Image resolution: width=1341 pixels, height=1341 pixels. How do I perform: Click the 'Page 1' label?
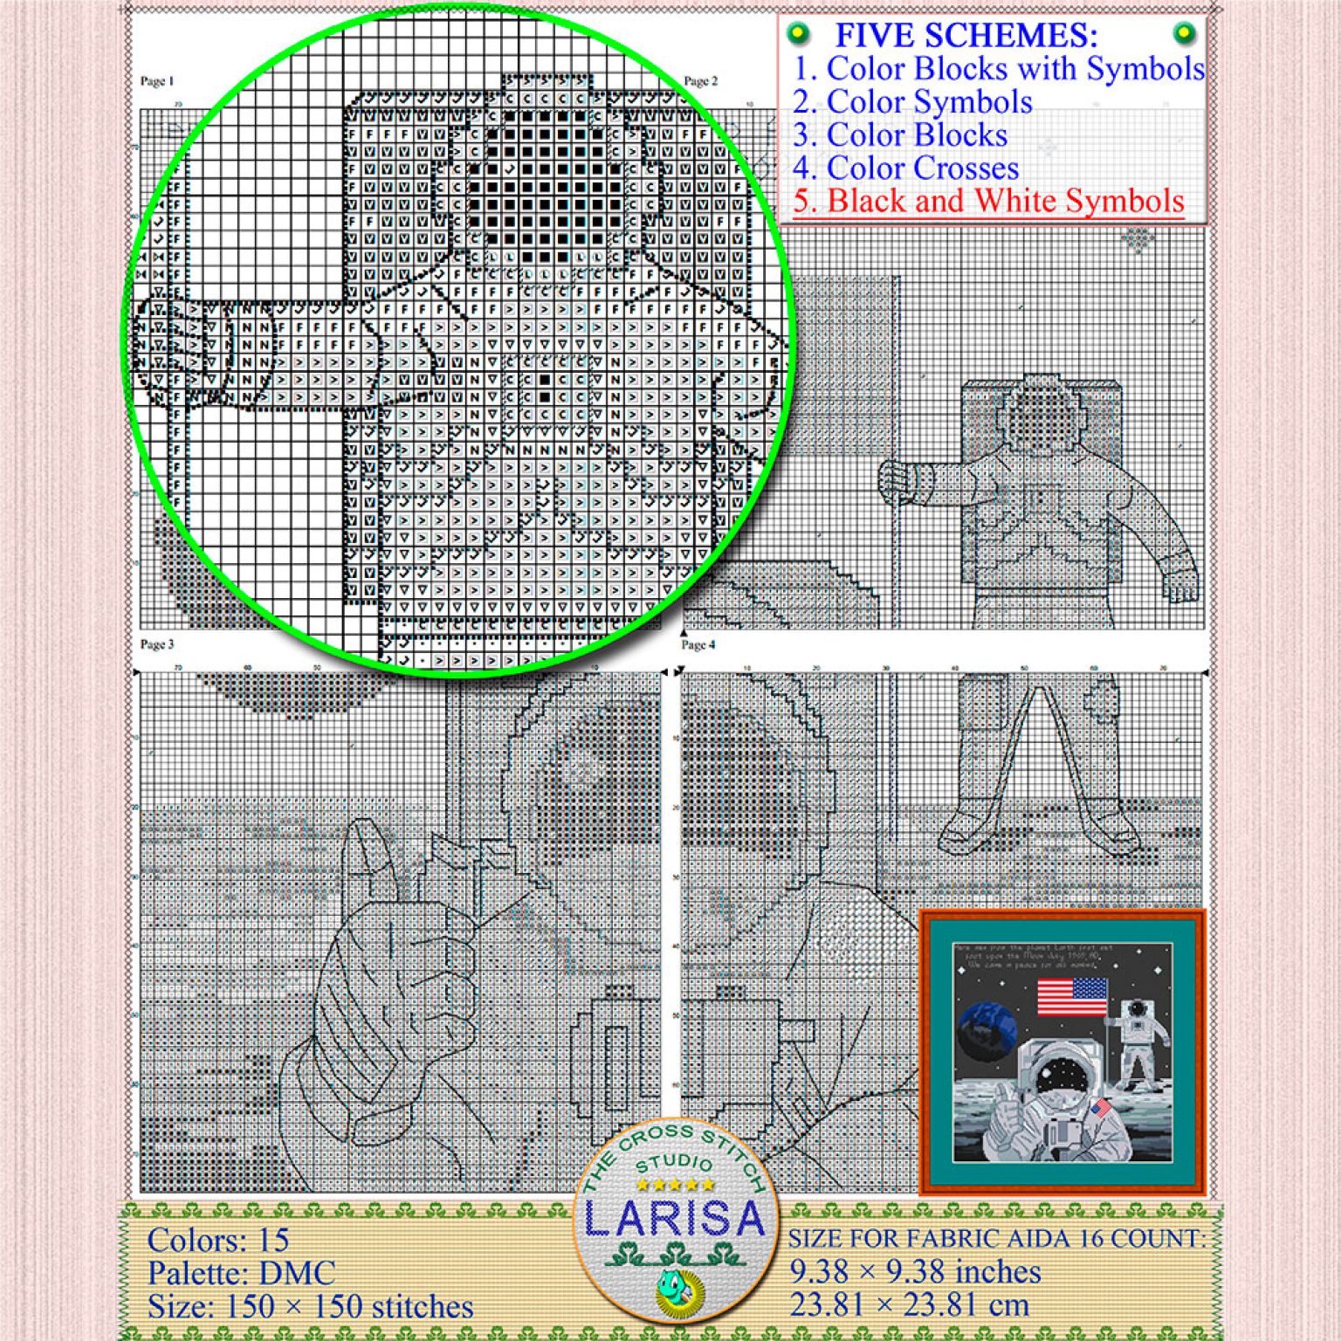[157, 81]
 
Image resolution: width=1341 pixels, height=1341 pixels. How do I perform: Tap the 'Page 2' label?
[700, 81]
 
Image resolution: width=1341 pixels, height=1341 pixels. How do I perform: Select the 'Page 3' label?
[157, 644]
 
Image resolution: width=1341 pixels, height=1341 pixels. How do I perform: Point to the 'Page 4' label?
[698, 644]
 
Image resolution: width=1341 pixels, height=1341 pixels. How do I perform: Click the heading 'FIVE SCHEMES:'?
[966, 36]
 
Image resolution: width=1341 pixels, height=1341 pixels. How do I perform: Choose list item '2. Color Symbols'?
[912, 102]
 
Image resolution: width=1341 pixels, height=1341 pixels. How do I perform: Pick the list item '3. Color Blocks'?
[900, 135]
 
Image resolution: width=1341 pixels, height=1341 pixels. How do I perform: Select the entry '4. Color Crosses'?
[906, 168]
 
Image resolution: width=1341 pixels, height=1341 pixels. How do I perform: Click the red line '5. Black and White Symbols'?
[988, 201]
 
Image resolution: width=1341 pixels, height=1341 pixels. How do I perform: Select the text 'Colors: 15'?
[218, 1240]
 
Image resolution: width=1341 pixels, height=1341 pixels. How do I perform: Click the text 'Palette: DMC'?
[241, 1273]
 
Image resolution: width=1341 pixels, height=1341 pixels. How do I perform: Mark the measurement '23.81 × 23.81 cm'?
[909, 1305]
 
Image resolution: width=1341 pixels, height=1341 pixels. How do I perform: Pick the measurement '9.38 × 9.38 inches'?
[915, 1272]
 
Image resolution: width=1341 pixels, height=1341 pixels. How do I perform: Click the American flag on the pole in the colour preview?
[1072, 997]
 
